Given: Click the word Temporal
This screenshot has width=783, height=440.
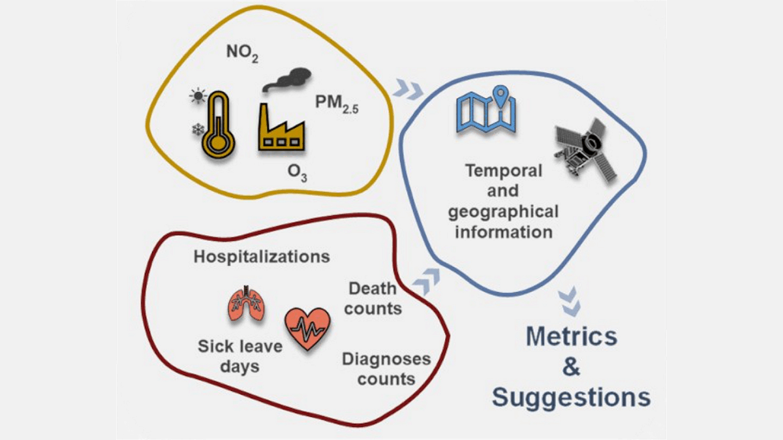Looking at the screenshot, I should (x=503, y=171).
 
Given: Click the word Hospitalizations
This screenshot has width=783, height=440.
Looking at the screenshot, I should (x=262, y=256).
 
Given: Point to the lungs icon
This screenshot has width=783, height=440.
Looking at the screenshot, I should (x=246, y=304).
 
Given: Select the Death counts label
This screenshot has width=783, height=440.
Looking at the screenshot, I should (x=374, y=298).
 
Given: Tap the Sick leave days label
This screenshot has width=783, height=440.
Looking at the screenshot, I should (x=239, y=355).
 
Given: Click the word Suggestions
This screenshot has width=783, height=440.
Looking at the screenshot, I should (x=571, y=397).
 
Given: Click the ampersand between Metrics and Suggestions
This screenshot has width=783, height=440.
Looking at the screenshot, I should (x=571, y=367).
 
